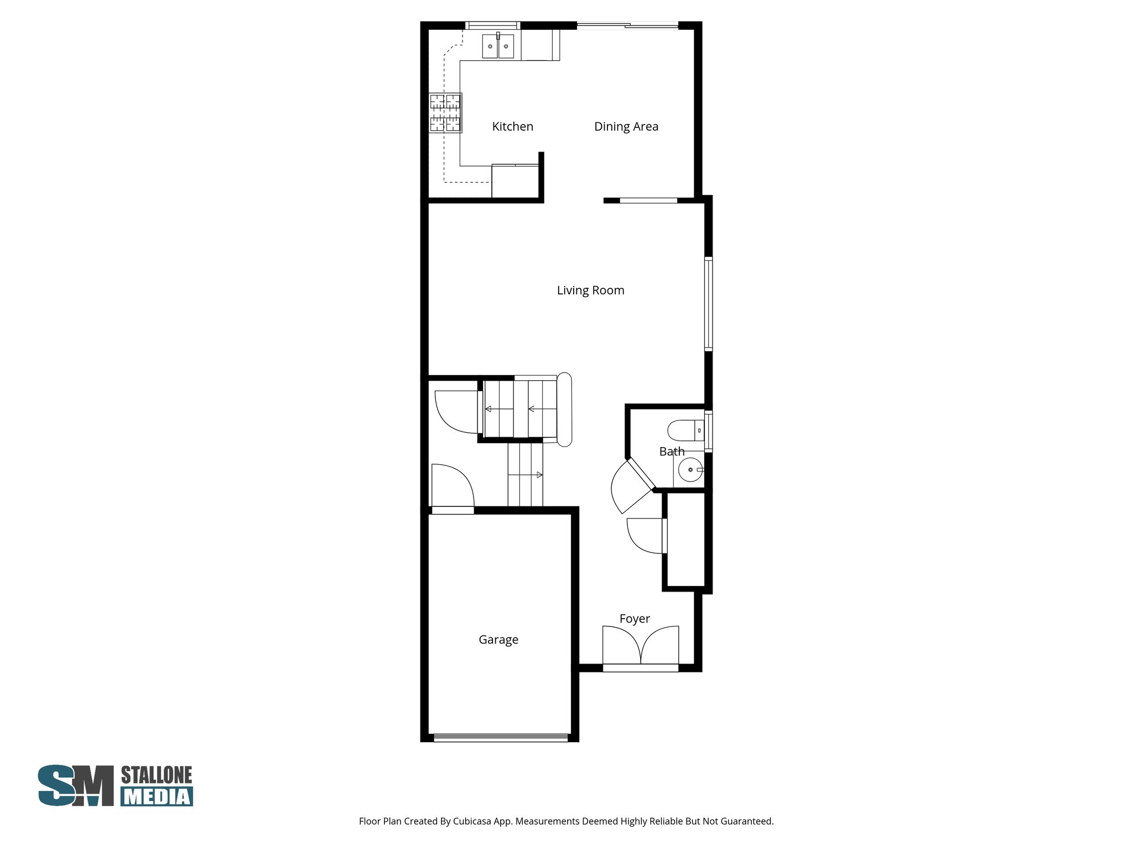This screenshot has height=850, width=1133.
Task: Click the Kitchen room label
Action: tap(512, 127)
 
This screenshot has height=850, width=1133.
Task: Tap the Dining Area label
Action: tap(626, 127)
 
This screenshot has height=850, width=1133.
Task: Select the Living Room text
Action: tap(590, 291)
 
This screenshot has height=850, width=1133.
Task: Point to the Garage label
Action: tap(498, 640)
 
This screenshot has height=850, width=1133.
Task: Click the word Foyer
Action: tap(634, 619)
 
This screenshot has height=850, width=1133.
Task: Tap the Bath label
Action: tap(672, 452)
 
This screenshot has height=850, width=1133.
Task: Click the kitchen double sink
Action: tap(498, 46)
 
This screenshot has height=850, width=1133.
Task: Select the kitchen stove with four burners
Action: tap(445, 113)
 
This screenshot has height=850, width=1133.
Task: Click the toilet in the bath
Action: tap(685, 430)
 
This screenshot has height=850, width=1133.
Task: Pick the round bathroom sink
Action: tap(690, 470)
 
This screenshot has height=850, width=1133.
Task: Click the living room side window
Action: tap(708, 303)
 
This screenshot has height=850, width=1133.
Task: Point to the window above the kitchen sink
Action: tap(492, 25)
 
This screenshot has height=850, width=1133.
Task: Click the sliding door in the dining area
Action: tap(627, 25)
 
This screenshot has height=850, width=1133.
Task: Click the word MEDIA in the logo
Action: tap(157, 797)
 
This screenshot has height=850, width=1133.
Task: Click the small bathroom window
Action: tap(708, 431)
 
